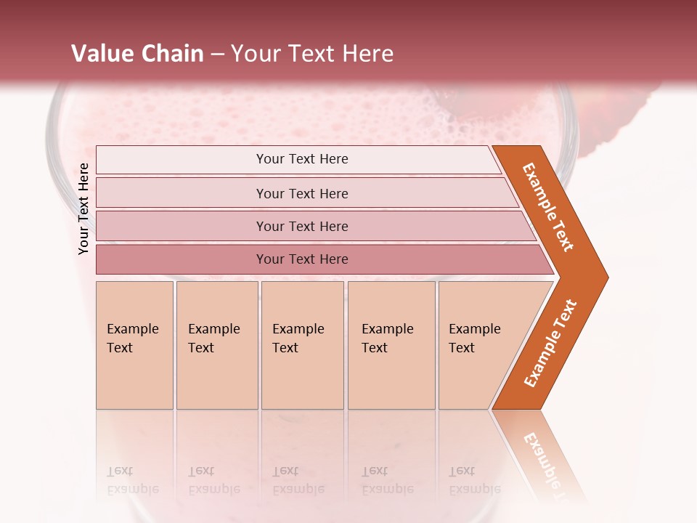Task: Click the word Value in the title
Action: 101,54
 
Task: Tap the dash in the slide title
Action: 217,54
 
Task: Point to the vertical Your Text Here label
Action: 83,208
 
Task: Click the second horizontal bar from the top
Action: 302,193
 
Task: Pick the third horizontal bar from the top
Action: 302,226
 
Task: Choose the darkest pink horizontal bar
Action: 302,259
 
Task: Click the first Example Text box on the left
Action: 134,344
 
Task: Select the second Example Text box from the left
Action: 216,344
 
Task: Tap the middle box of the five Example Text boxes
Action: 301,344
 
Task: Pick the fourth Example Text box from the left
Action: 391,344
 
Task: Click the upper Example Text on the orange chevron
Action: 549,207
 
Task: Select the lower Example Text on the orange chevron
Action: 550,343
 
